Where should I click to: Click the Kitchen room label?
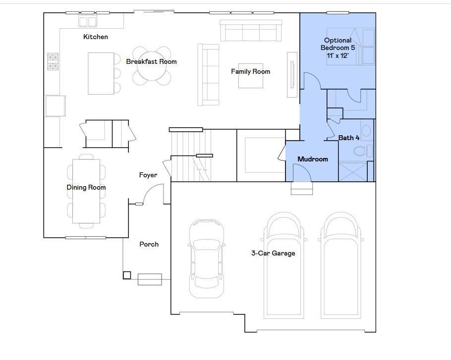pos(96,37)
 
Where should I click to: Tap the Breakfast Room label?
pos(151,62)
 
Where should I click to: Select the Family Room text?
pos(250,72)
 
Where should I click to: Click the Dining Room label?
pos(86,188)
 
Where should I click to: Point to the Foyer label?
pos(148,175)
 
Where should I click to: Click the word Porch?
pos(149,245)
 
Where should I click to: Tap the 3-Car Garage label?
pos(273,254)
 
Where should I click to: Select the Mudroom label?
pos(312,159)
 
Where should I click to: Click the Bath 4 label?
pos(349,138)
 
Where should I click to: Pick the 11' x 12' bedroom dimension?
pos(338,56)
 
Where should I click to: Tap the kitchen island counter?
pos(101,73)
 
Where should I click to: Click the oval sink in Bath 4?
pos(366,131)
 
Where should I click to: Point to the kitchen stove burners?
pos(53,61)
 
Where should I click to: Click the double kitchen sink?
pos(88,21)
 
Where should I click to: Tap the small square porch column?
pos(127,275)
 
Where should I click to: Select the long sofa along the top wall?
pos(251,31)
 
